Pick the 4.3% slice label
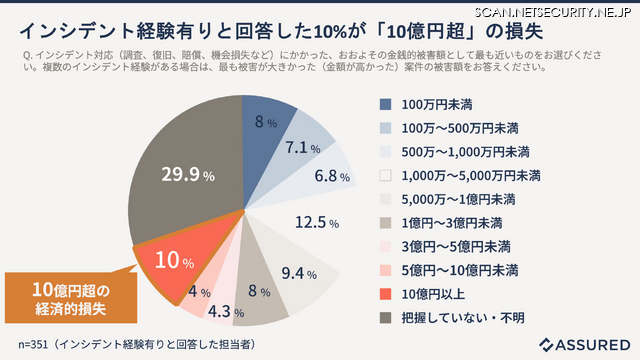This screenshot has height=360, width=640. [x=222, y=310]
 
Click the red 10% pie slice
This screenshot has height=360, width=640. [x=172, y=261]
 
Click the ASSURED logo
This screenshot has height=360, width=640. [x=583, y=344]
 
